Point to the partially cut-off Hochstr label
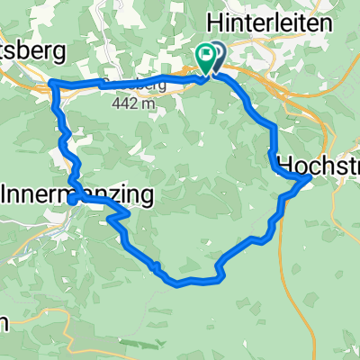(x=319, y=165)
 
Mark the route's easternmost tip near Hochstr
(x=310, y=178)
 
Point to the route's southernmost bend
(x=178, y=284)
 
